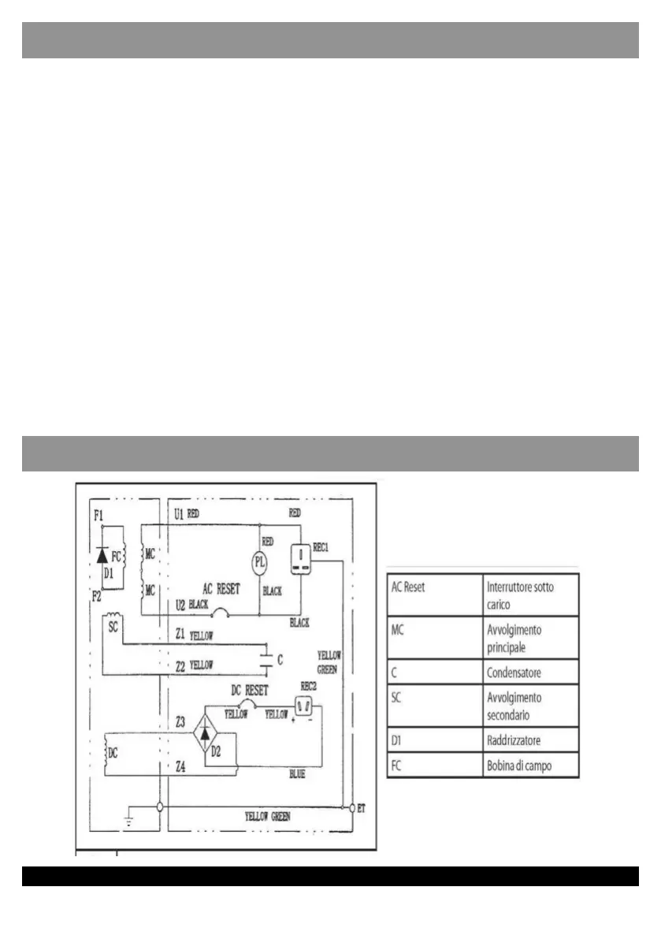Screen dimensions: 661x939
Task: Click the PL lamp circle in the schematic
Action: pyautogui.click(x=260, y=563)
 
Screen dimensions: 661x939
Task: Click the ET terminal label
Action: pyautogui.click(x=362, y=808)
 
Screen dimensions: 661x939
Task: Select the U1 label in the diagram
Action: pyautogui.click(x=178, y=513)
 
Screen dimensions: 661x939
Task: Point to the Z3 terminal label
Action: pyautogui.click(x=180, y=721)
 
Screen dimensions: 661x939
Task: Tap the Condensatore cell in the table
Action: pyautogui.click(x=529, y=673)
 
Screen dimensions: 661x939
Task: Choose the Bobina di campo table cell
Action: pyautogui.click(x=529, y=766)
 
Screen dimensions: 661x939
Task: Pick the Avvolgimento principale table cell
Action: pyautogui.click(x=529, y=637)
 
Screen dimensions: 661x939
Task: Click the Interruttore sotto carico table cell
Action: pyautogui.click(x=529, y=594)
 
